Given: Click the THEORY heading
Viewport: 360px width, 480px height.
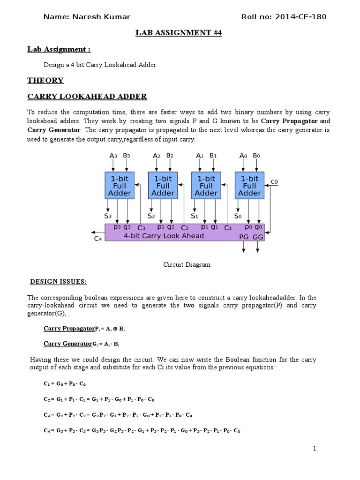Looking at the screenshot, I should click(x=45, y=80).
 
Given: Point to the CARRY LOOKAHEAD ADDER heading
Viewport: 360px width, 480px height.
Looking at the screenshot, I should click(x=87, y=97).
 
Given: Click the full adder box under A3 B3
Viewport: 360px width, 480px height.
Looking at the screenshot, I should click(x=120, y=186).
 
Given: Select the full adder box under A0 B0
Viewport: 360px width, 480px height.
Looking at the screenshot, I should click(x=249, y=186).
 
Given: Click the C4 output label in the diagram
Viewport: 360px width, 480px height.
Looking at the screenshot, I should click(x=98, y=239).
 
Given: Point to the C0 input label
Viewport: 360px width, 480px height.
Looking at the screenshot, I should click(x=275, y=181).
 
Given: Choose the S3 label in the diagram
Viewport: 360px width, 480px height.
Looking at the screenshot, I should click(x=108, y=216).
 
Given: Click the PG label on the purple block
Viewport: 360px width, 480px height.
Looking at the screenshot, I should click(x=244, y=237).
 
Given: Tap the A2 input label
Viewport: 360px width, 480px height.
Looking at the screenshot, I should click(x=157, y=156).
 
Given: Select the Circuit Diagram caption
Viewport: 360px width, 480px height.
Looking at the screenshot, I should click(x=187, y=264).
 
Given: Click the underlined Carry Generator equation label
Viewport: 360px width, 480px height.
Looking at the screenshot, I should click(x=67, y=344).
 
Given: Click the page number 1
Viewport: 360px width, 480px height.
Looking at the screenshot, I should click(x=315, y=449).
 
